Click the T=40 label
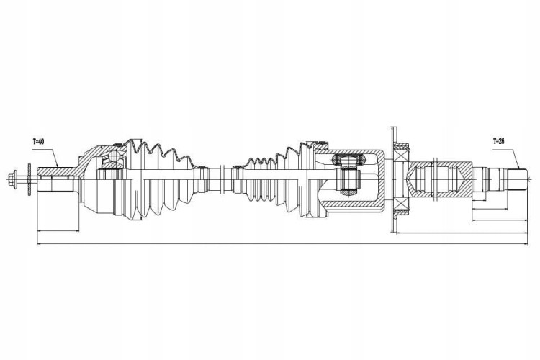tap(38, 141)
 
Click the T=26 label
tap(499, 141)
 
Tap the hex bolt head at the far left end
tap(13, 178)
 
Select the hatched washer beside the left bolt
tap(29, 179)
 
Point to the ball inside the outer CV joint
tap(112, 158)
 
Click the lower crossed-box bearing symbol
tap(400, 204)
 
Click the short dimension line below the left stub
tap(58, 230)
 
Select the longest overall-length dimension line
tap(282, 244)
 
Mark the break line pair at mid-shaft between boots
tap(223, 179)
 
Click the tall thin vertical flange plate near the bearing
tap(392, 179)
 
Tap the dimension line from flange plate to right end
tap(462, 233)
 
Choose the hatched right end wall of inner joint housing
tap(382, 179)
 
